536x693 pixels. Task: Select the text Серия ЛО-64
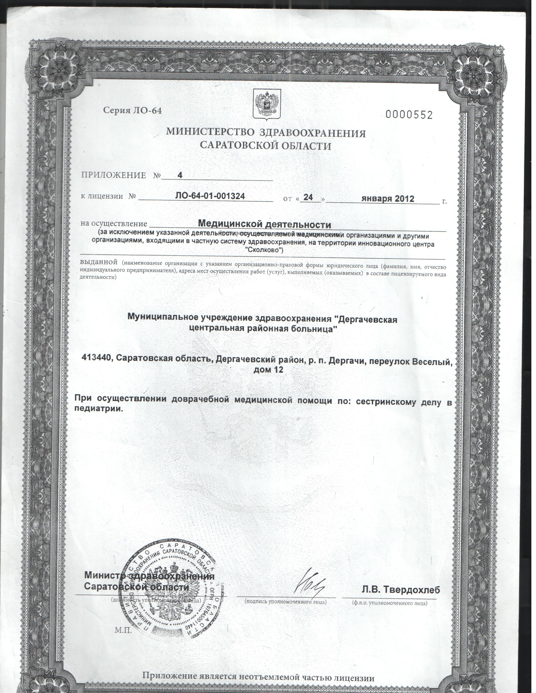point(132,110)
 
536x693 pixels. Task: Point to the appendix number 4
point(180,175)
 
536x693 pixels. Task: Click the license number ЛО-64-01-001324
point(210,196)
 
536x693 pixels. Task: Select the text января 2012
point(388,199)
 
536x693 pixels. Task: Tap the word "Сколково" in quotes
point(264,250)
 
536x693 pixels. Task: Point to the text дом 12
point(268,370)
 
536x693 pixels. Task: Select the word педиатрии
point(98,408)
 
